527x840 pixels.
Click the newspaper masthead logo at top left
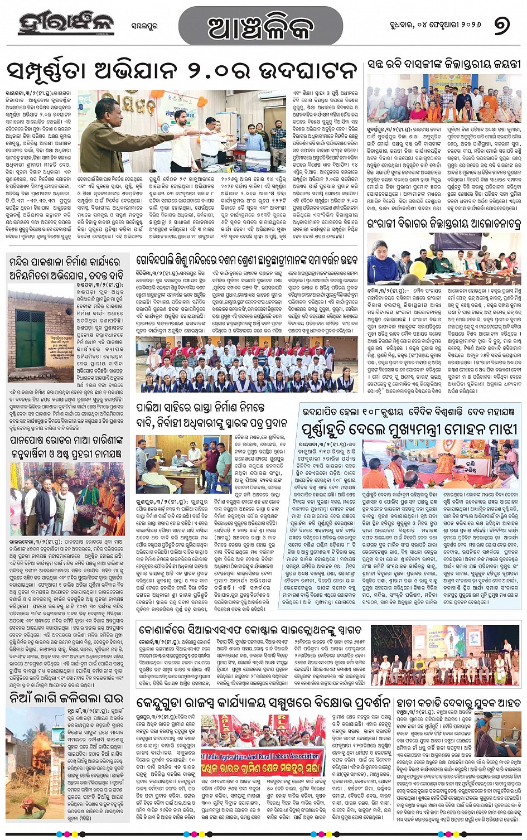click(x=65, y=23)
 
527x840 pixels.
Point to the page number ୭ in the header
click(x=501, y=25)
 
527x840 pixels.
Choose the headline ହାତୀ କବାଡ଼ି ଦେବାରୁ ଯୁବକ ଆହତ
click(x=458, y=702)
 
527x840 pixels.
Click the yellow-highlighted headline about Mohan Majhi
click(x=410, y=429)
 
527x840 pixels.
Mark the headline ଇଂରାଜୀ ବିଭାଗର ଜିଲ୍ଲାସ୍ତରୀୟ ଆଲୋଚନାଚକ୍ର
click(x=444, y=224)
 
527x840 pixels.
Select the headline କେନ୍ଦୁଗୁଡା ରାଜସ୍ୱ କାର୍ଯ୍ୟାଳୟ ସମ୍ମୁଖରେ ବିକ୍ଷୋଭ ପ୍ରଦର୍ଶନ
click(x=263, y=702)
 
